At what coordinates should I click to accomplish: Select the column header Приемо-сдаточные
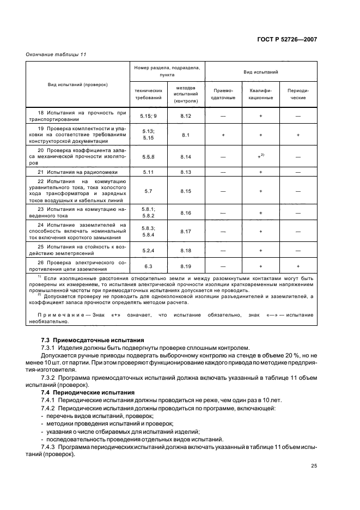223,94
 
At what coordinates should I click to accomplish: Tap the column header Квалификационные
261,94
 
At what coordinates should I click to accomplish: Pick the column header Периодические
298,94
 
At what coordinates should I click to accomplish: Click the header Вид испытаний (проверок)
77,84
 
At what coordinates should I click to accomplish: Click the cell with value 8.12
186,116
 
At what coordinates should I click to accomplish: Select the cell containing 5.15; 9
149,116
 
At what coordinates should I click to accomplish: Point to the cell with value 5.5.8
149,156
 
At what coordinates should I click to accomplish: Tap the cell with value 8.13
186,172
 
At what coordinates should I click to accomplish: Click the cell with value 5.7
149,191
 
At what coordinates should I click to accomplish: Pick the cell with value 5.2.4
149,250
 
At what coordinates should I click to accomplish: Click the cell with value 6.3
149,266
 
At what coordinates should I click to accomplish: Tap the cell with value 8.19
186,266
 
